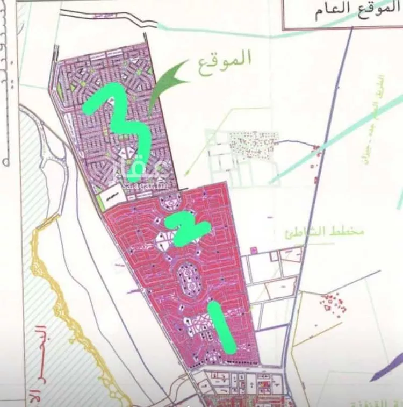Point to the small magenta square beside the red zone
click(253, 249)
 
